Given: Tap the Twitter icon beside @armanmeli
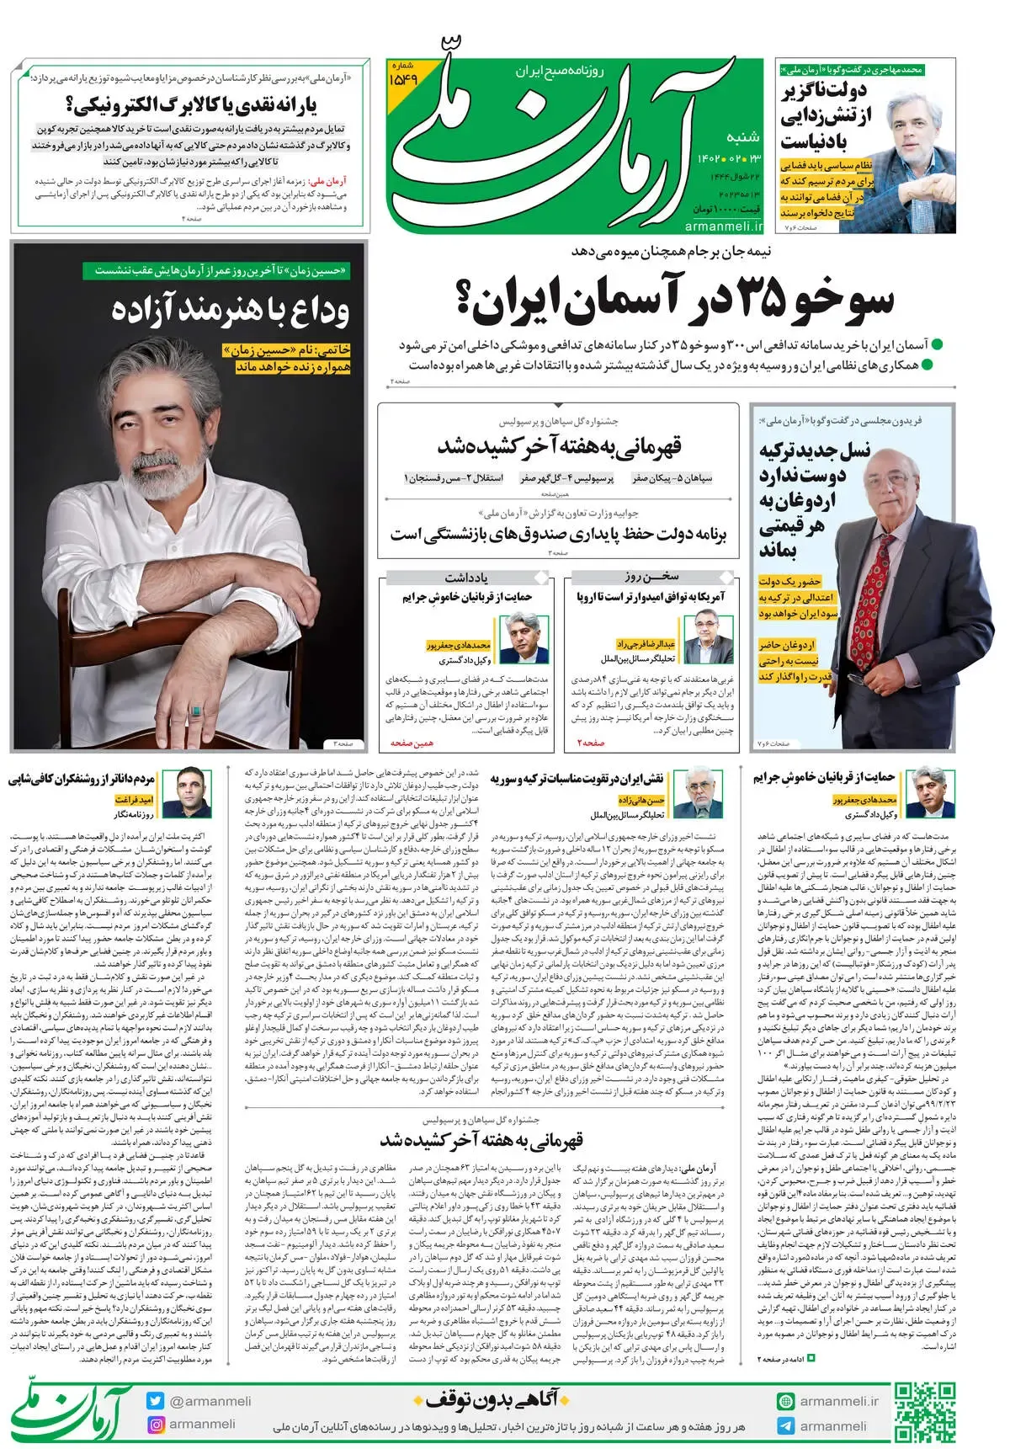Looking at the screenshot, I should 155,1401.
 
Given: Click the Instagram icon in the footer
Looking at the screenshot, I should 155,1425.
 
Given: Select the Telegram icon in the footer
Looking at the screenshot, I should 785,1425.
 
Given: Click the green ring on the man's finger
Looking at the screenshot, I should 194,711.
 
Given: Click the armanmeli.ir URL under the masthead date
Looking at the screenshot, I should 723,226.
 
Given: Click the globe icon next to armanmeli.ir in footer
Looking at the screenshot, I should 785,1401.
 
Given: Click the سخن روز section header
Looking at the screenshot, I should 651,577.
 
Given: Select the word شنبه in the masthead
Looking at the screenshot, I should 742,136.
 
